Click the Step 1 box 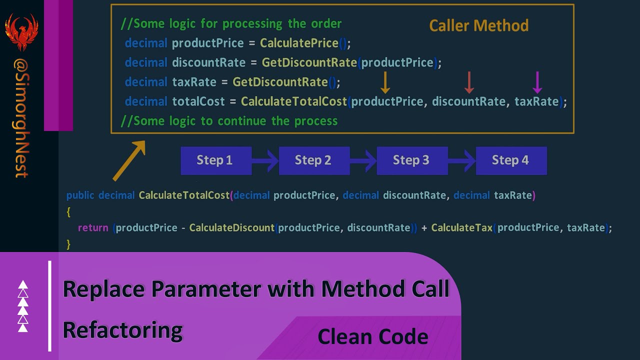click(x=215, y=160)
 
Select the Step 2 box click(x=313, y=160)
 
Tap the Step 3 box click(x=411, y=160)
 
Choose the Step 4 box click(x=510, y=160)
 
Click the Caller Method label click(x=478, y=25)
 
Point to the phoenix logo click(x=21, y=31)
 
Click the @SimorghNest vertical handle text click(x=21, y=118)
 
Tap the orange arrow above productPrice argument click(x=385, y=82)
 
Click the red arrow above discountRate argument click(x=469, y=82)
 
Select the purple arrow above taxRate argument click(x=537, y=82)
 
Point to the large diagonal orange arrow click(x=129, y=160)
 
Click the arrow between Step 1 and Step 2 click(x=265, y=160)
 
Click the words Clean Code click(x=372, y=336)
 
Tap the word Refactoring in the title click(x=122, y=330)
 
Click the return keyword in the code click(x=93, y=228)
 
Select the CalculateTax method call click(x=461, y=228)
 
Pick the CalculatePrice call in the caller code click(x=299, y=43)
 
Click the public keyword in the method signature click(x=80, y=195)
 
